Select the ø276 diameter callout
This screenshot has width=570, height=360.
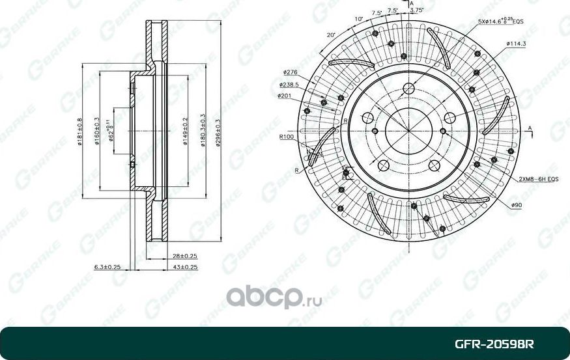[x=291, y=72]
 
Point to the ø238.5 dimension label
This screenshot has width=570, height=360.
[x=289, y=85]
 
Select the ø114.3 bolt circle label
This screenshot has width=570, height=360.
[x=515, y=44]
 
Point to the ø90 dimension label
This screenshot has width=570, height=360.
[x=517, y=205]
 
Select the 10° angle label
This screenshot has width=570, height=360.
[x=358, y=19]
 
